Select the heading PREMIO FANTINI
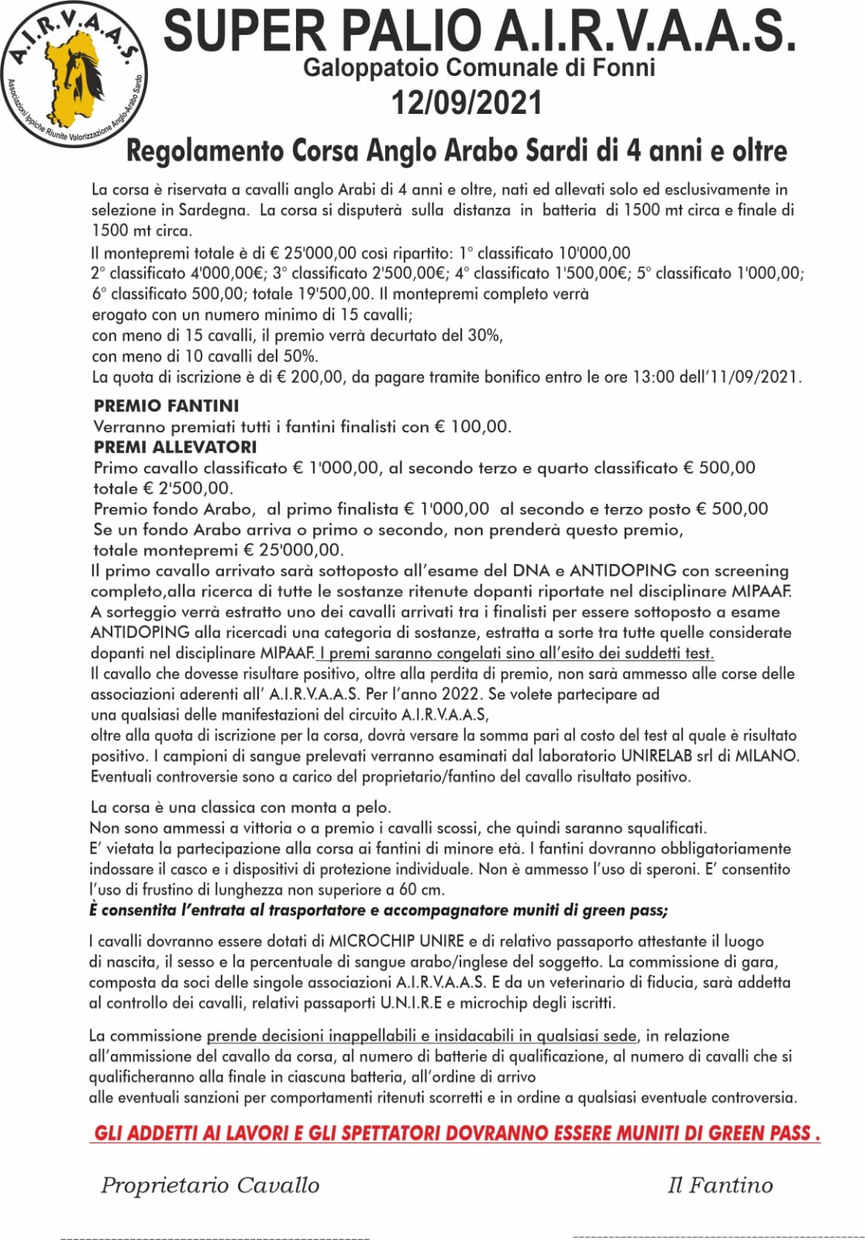point(166,405)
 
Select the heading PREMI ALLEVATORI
point(174,447)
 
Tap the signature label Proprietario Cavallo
point(210,1185)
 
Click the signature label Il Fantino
point(720,1185)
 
